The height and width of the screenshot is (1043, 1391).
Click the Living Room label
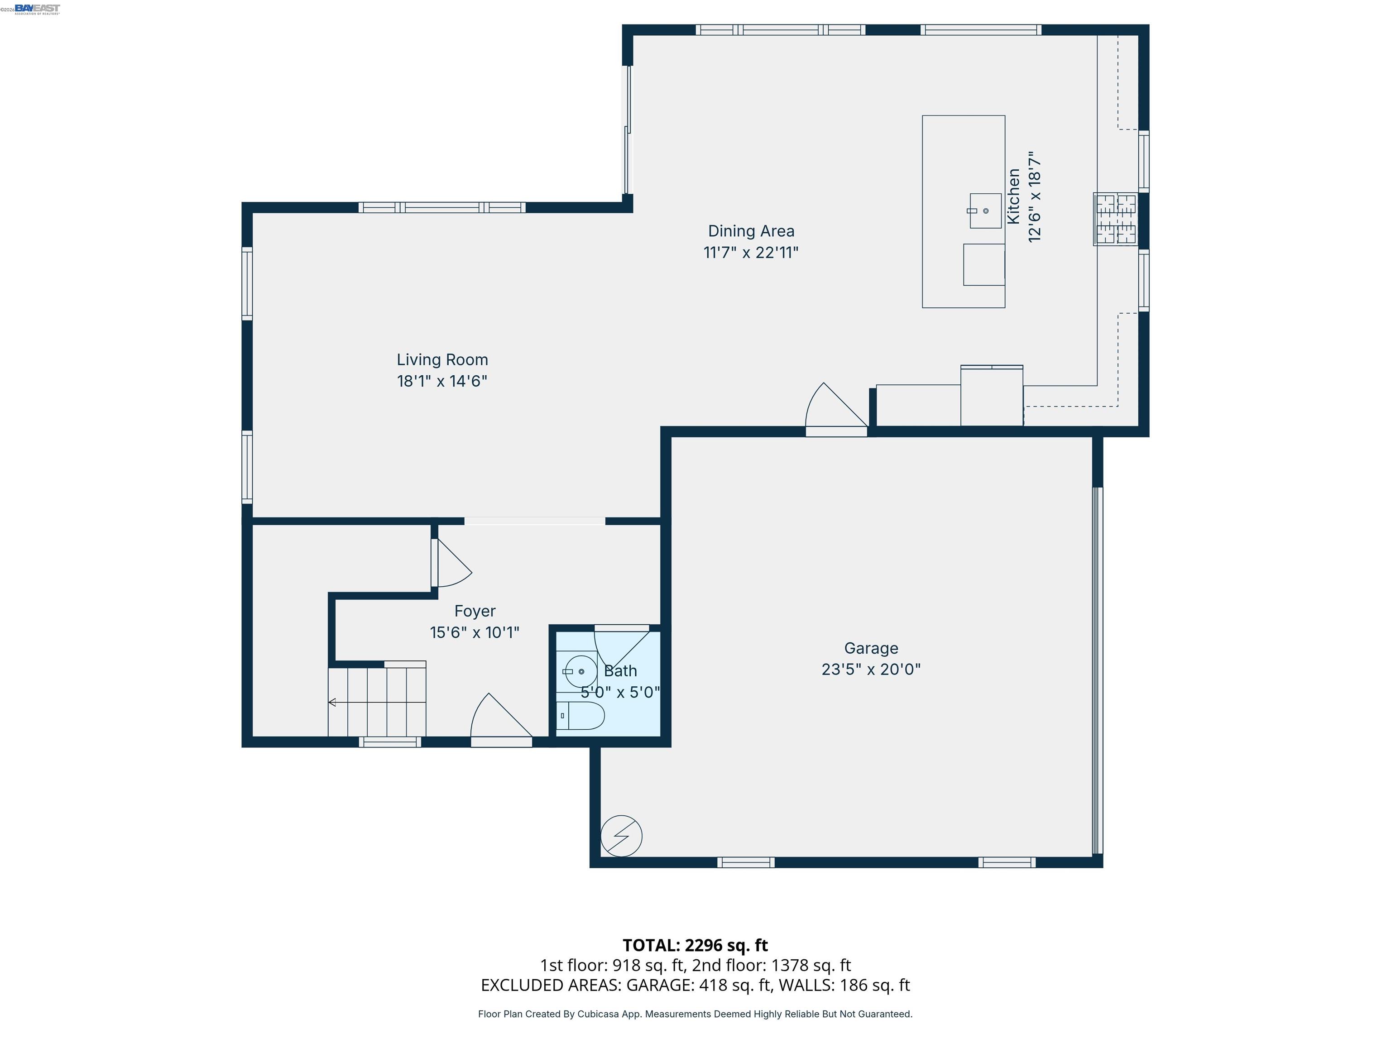point(442,359)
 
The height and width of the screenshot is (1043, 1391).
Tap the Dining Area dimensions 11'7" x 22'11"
point(751,253)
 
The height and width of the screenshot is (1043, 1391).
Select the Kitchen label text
point(1013,196)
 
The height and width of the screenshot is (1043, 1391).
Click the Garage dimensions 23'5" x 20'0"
point(871,670)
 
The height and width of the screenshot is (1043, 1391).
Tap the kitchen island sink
point(985,211)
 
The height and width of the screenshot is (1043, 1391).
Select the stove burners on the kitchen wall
point(1116,219)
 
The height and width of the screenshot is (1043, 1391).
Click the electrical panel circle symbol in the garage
point(621,836)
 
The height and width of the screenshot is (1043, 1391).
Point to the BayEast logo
point(37,9)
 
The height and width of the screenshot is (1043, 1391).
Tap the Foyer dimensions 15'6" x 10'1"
point(475,632)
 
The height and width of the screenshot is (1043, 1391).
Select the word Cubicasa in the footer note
point(600,1014)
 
